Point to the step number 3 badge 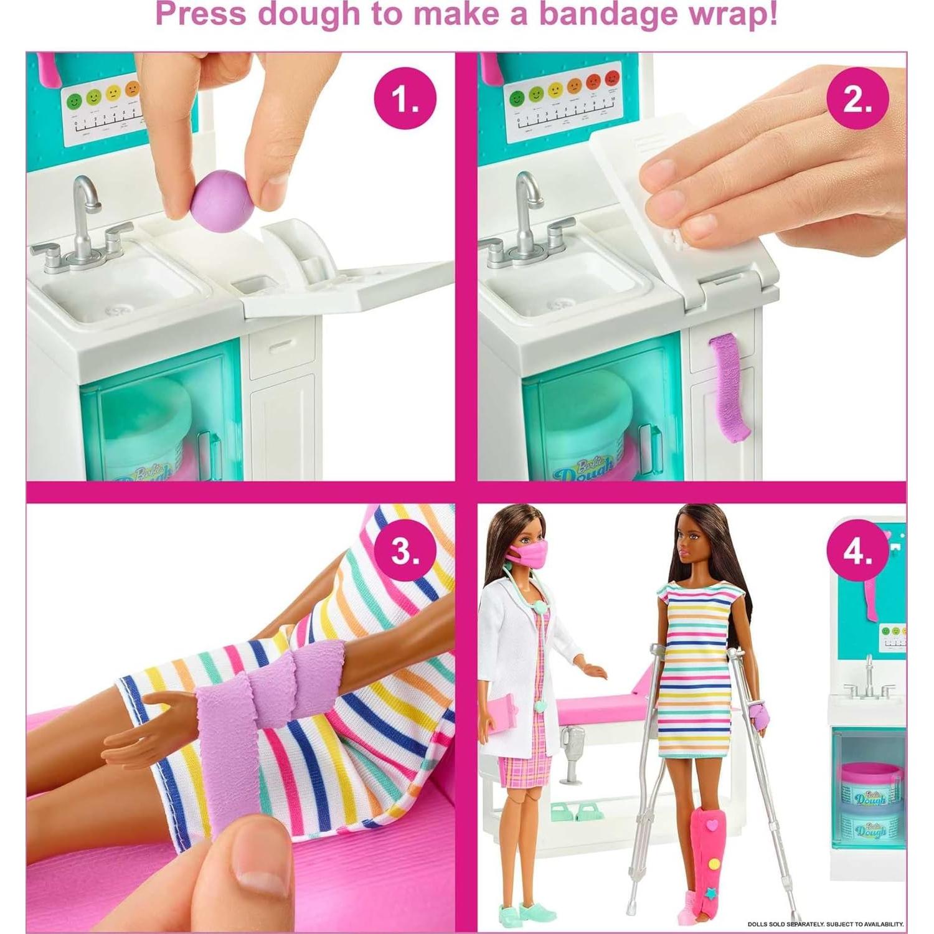(x=405, y=550)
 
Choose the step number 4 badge (x=857, y=550)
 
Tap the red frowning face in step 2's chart (x=613, y=95)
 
